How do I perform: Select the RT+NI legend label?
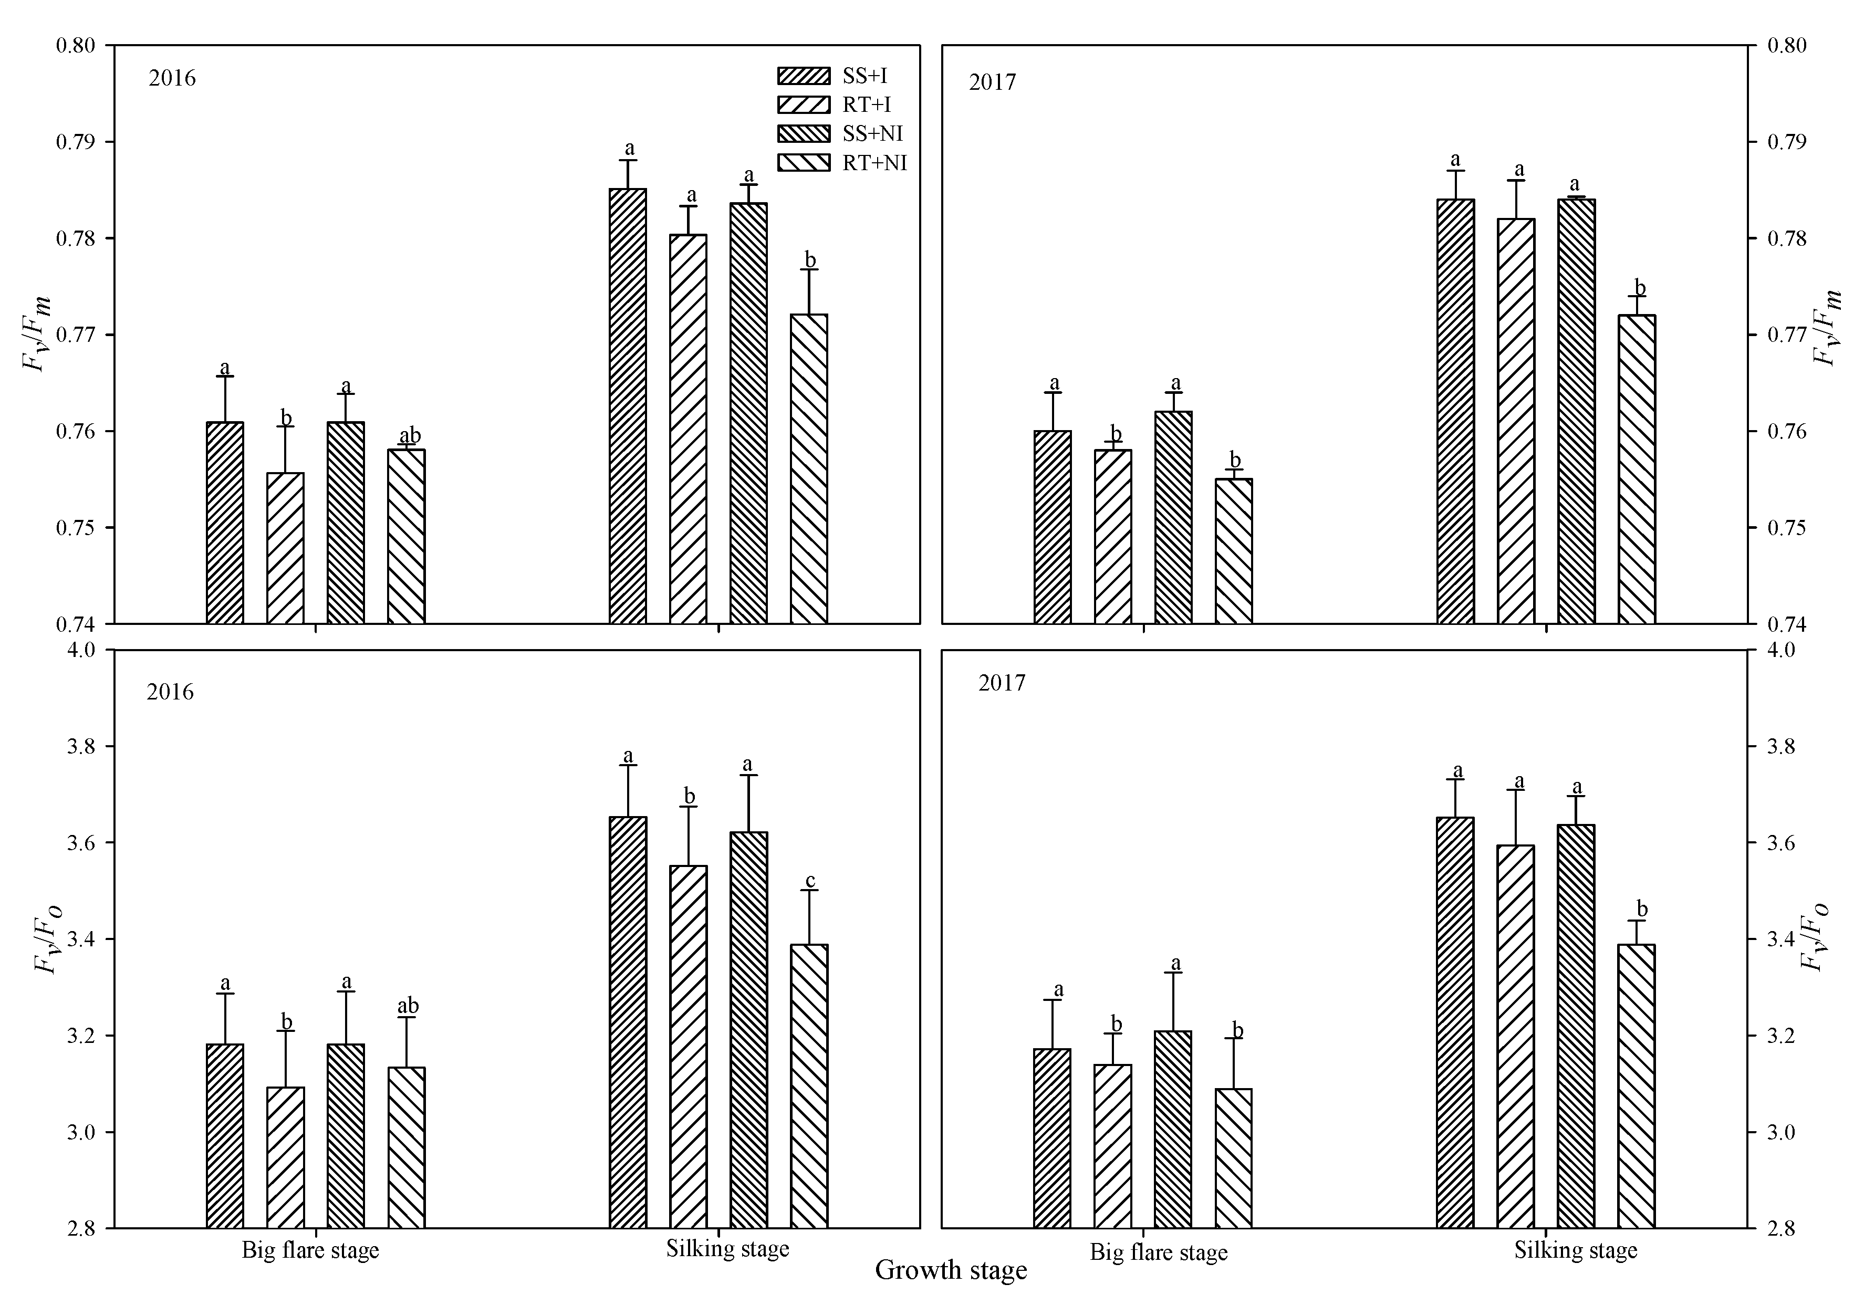tap(874, 163)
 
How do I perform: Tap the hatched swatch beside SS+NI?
tap(803, 133)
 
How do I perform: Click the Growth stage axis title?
tap(951, 1270)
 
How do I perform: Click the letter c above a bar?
tap(810, 880)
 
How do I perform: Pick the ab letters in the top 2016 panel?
tap(409, 435)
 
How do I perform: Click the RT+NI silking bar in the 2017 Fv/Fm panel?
tap(1637, 469)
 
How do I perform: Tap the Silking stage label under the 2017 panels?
tap(1576, 1250)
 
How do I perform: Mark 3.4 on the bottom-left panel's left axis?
tap(81, 939)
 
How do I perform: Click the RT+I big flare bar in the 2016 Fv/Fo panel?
tap(285, 1157)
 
